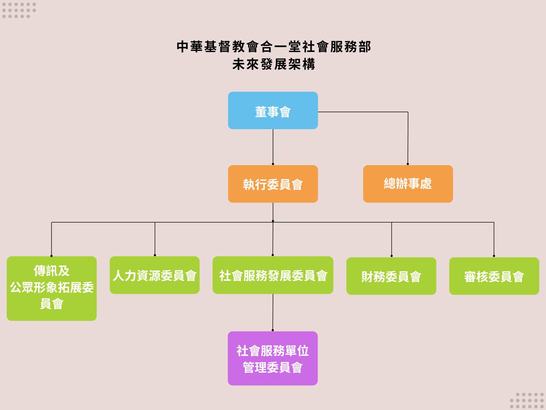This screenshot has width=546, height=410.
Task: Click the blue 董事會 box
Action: (x=273, y=110)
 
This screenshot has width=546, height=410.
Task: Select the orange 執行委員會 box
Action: (x=273, y=184)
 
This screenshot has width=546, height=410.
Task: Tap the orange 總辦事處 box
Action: (x=408, y=184)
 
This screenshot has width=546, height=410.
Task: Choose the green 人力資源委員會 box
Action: (x=155, y=275)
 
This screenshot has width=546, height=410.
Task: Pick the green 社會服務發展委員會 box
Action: (x=273, y=275)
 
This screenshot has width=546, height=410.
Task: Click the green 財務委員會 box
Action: (x=391, y=276)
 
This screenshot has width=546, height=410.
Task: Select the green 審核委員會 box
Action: (x=494, y=276)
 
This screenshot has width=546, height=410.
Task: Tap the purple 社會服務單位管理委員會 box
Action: (x=273, y=358)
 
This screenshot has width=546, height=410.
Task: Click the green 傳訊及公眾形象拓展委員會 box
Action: (x=52, y=288)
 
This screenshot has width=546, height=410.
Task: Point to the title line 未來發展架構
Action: (x=273, y=64)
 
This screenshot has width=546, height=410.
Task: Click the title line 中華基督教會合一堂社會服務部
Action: (x=273, y=47)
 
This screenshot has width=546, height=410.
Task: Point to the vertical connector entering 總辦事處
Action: (x=408, y=139)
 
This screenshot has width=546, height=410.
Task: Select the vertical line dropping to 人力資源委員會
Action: (x=155, y=238)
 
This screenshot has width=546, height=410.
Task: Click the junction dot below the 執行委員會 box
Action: (x=273, y=221)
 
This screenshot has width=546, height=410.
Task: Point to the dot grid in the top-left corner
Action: (x=19, y=10)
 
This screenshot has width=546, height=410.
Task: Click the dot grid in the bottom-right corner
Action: (x=527, y=400)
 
